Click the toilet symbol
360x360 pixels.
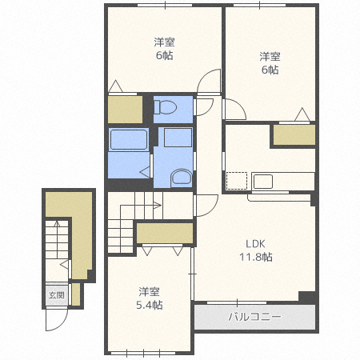166,107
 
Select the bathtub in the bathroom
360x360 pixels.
129,139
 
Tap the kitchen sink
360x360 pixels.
263,182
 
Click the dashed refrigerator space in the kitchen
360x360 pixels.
237,181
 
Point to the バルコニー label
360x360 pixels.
254,317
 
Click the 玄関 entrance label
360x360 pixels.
57,295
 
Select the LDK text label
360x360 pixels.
255,244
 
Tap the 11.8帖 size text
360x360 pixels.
256,257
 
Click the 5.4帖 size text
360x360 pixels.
150,305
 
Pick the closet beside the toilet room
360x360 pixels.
125,110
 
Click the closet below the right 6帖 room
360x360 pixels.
294,135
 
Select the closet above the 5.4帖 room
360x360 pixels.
165,233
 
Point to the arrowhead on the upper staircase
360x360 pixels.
158,206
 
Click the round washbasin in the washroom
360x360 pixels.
182,178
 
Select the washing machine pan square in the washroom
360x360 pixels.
178,138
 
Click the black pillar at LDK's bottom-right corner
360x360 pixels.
308,297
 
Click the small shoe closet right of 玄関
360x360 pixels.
76,294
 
